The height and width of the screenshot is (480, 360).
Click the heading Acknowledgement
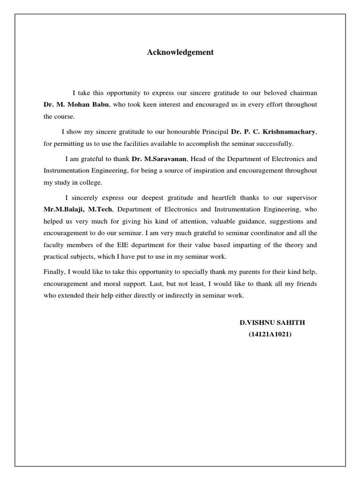click(180, 52)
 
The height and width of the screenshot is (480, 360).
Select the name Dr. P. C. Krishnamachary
click(274, 132)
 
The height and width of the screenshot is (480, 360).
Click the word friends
click(305, 284)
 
